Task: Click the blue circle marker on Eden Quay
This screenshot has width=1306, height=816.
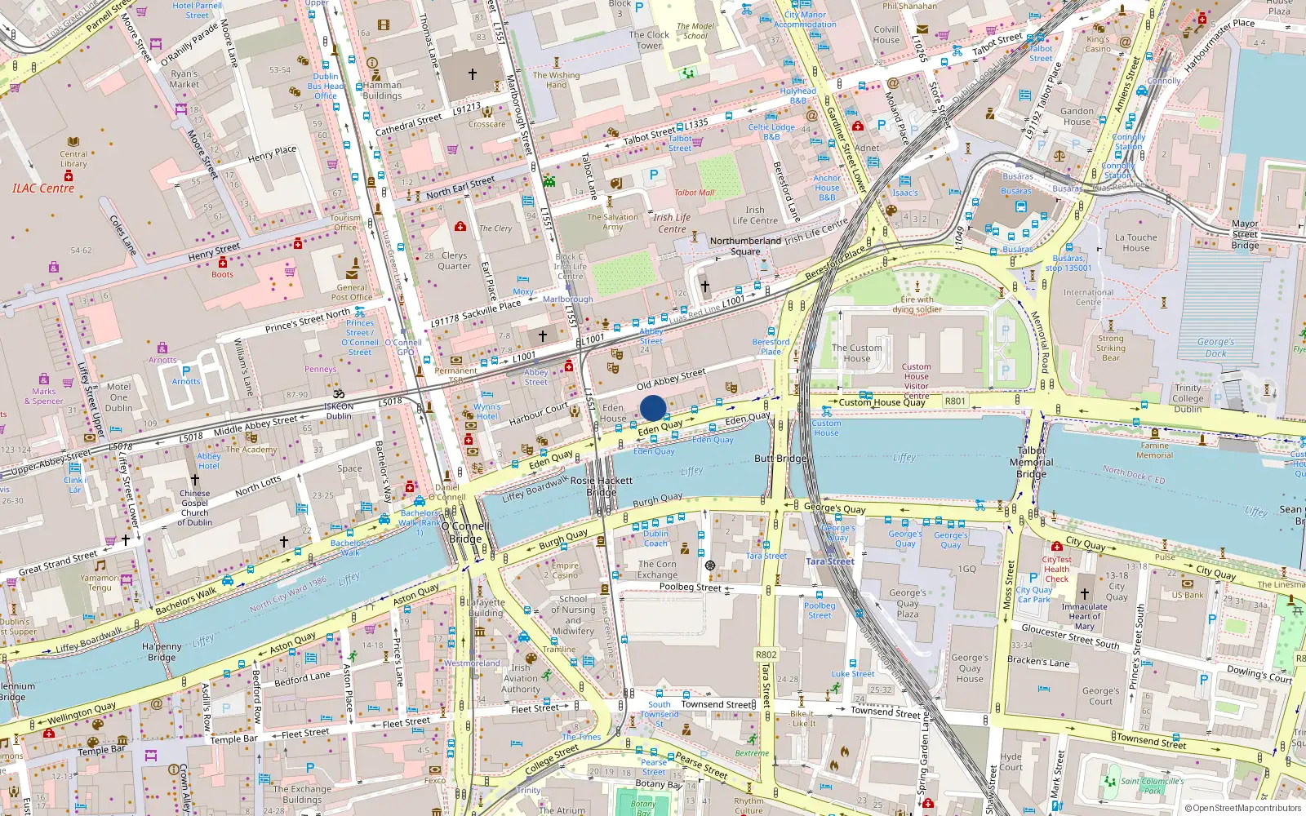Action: coord(653,408)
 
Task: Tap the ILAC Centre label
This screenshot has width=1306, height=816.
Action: coord(43,188)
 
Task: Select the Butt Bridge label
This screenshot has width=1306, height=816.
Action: coord(780,459)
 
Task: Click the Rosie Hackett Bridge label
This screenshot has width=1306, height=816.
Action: coord(602,486)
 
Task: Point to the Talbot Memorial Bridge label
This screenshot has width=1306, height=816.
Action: coord(1031,462)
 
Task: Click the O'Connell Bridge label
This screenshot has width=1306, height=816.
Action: coord(466,532)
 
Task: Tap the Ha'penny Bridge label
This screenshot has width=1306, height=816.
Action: coord(162,652)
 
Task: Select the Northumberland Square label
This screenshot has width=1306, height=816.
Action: coord(744,246)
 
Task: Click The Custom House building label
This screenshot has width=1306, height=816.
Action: coord(856,353)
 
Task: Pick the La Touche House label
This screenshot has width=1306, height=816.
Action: coord(1135,242)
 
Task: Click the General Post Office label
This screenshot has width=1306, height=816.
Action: coord(352,292)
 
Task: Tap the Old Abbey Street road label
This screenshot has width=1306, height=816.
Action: coord(671,379)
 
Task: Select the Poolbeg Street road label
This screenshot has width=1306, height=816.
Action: coord(690,587)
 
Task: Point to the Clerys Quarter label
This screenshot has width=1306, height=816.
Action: coord(454,260)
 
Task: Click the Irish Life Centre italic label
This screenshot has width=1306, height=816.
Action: coord(672,223)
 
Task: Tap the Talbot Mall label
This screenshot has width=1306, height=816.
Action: coord(694,193)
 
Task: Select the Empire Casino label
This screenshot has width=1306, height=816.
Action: coord(564,570)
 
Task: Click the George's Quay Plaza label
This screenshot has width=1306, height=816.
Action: coord(908,603)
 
